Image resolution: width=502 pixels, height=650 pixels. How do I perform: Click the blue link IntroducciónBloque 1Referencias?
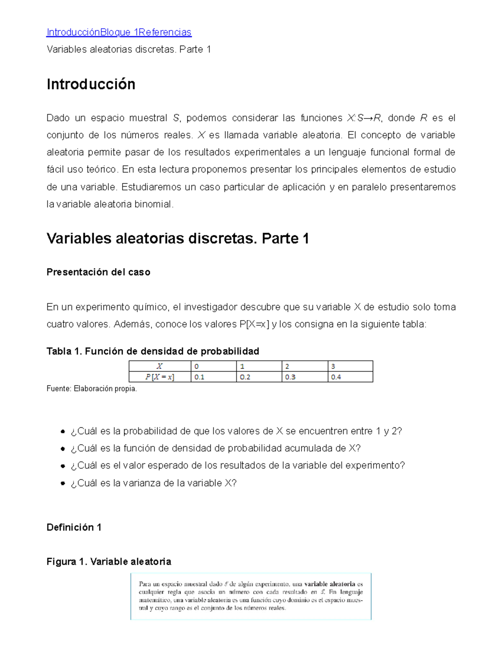pyautogui.click(x=119, y=32)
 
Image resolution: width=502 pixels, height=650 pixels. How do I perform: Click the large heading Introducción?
pyautogui.click(x=91, y=84)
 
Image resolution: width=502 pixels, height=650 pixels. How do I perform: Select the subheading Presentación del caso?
pyautogui.click(x=98, y=272)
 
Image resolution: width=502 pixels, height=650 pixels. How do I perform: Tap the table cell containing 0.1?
pyautogui.click(x=213, y=377)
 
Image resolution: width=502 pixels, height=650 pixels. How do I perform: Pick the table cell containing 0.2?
pyautogui.click(x=259, y=377)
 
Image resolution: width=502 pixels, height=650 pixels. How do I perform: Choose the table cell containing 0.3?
pyautogui.click(x=305, y=377)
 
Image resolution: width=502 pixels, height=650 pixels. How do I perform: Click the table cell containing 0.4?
pyautogui.click(x=350, y=377)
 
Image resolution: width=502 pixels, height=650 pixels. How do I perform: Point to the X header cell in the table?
pyautogui.click(x=159, y=366)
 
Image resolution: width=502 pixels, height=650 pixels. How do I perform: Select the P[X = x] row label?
pyautogui.click(x=159, y=377)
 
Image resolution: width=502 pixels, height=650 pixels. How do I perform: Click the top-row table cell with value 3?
pyautogui.click(x=350, y=366)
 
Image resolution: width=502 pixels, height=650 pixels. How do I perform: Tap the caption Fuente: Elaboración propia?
pyautogui.click(x=92, y=389)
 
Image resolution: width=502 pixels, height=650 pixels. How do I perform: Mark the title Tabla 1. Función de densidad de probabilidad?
pyautogui.click(x=153, y=351)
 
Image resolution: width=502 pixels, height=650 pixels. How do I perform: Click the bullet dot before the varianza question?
pyautogui.click(x=63, y=483)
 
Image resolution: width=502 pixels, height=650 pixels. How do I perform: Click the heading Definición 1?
pyautogui.click(x=74, y=527)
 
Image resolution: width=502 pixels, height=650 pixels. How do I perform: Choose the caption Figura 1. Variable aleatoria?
pyautogui.click(x=109, y=562)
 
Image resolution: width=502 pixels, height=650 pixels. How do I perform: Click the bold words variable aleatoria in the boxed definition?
pyautogui.click(x=330, y=584)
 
